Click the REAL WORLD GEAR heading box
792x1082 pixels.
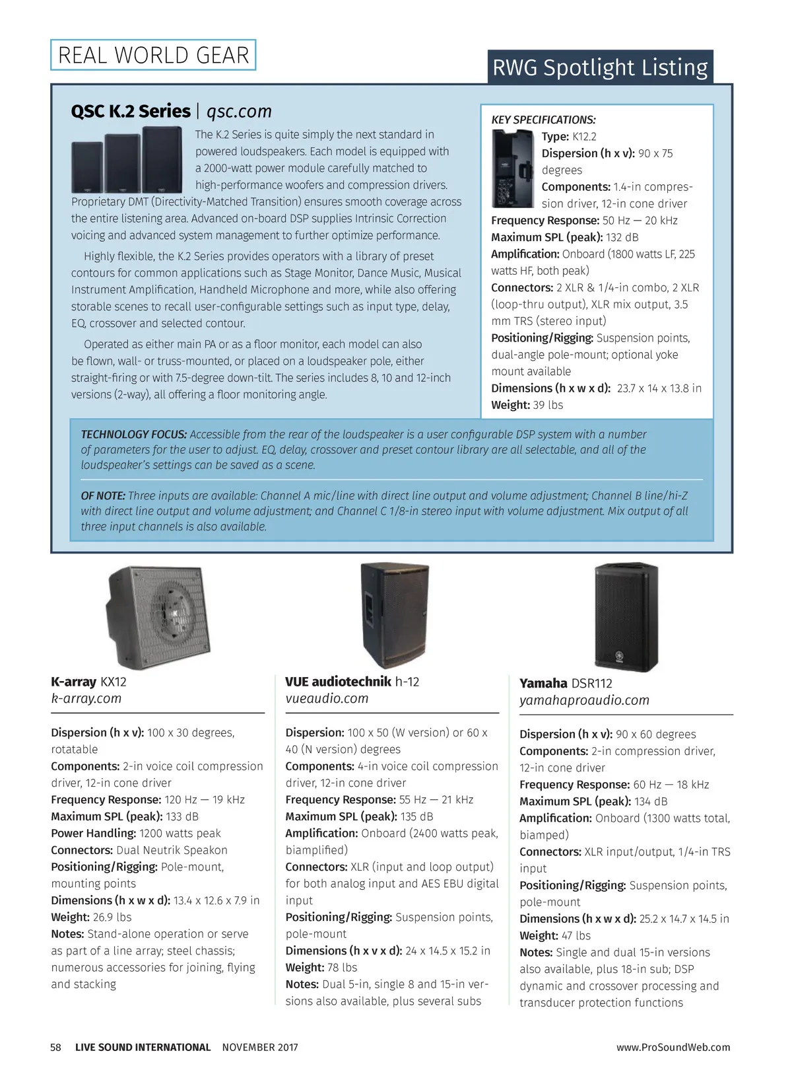point(153,55)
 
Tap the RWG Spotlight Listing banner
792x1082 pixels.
point(600,67)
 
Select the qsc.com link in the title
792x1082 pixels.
point(239,111)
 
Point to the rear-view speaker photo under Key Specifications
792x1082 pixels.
point(513,168)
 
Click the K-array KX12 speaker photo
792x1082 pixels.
point(158,616)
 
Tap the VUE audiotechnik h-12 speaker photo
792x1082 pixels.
point(395,615)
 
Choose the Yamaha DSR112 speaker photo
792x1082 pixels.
point(626,617)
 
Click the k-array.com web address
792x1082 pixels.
point(86,698)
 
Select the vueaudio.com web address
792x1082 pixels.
point(327,698)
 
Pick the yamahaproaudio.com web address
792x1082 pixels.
point(584,700)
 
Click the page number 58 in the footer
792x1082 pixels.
point(55,1047)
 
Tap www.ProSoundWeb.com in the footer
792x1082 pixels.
point(673,1047)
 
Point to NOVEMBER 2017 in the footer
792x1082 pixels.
point(260,1047)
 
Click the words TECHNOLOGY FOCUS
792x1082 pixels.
point(133,435)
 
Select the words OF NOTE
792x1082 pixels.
point(103,495)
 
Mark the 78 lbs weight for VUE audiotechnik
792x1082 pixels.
point(342,968)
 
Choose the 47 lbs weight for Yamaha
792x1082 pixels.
point(576,935)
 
